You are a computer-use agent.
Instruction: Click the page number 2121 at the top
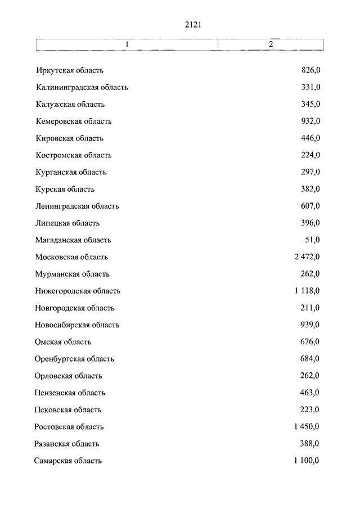tap(192, 25)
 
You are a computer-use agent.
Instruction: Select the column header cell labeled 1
tap(127, 44)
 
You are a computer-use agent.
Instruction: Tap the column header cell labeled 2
tap(271, 44)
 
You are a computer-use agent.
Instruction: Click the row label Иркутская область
tap(69, 70)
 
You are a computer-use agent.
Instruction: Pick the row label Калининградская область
tap(82, 87)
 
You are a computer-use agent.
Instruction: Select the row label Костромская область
tap(73, 155)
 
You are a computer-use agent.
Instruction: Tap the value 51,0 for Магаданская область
tap(313, 240)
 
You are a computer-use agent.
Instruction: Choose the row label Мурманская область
tap(72, 274)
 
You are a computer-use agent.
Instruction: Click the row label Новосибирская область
tap(76, 325)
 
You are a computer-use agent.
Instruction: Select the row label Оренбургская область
tap(74, 359)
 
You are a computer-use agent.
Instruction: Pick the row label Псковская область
tap(67, 410)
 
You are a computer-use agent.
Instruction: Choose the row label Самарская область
tap(68, 461)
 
